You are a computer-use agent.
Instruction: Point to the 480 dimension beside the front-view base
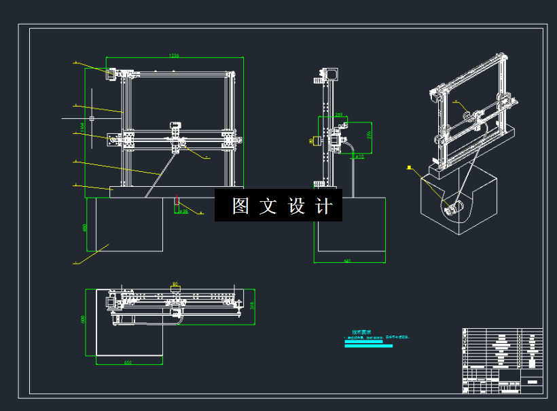point(85,228)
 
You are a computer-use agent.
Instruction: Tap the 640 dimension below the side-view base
point(347,261)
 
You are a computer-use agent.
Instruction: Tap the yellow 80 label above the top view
point(175,283)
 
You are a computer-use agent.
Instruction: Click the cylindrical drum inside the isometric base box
point(453,209)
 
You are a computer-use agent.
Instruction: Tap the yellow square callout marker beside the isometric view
point(409,167)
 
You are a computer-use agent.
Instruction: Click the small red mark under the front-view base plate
point(177,200)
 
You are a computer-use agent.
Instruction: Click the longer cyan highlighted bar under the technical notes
point(368,346)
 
